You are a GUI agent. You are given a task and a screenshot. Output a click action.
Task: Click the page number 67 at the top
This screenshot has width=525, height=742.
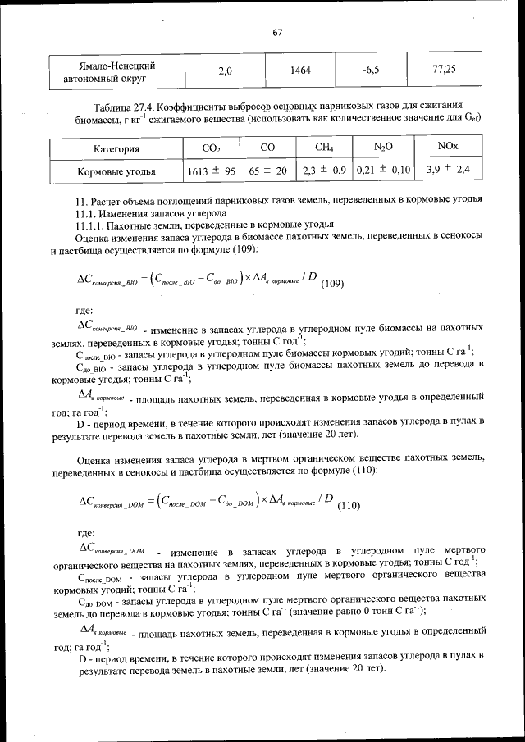[276, 32]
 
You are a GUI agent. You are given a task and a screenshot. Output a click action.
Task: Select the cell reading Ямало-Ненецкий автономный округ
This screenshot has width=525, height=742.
[115, 72]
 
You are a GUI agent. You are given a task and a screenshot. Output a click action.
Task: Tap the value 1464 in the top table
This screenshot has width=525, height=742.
[300, 71]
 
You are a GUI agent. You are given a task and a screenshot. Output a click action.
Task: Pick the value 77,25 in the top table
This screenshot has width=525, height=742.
[444, 70]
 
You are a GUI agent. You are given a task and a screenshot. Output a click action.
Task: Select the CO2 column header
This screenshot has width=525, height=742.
[211, 148]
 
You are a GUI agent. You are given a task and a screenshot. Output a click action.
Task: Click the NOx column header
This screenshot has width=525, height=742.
[448, 148]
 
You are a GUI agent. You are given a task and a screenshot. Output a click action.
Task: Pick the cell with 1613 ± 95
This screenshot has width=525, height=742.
[212, 171]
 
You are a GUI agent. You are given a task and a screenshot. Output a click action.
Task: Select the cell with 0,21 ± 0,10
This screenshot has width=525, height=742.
[383, 171]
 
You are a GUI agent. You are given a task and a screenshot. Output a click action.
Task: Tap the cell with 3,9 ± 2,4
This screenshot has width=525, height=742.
[448, 171]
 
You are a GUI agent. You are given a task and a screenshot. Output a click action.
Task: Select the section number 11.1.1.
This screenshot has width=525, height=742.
[89, 224]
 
